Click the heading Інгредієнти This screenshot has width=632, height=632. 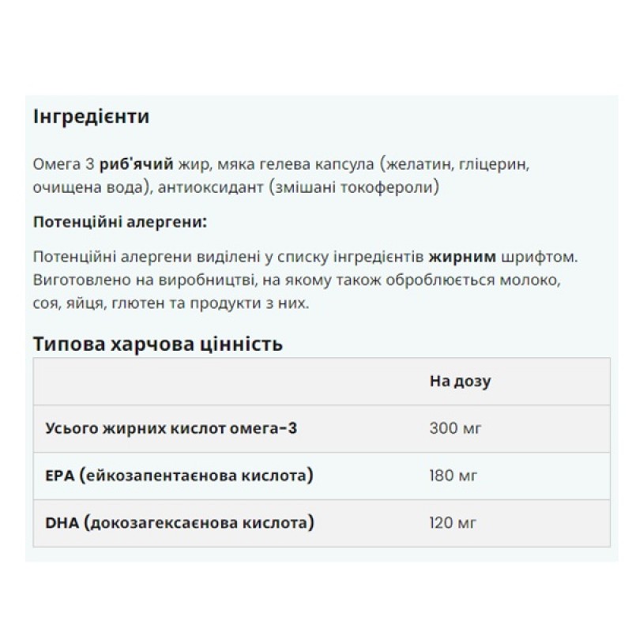coord(92,117)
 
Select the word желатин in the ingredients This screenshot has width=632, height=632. coord(416,164)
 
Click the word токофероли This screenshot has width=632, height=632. coord(393,188)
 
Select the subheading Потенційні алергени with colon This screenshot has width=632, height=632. coord(120,222)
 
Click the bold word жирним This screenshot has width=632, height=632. coord(462,258)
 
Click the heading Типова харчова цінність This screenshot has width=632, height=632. coord(158,344)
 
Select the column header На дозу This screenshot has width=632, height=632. coord(460,382)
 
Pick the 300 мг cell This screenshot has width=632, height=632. coord(455,428)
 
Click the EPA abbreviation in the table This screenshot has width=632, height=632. coord(60,476)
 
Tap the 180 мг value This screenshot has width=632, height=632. coord(455,476)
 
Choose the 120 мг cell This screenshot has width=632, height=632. coord(455,522)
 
